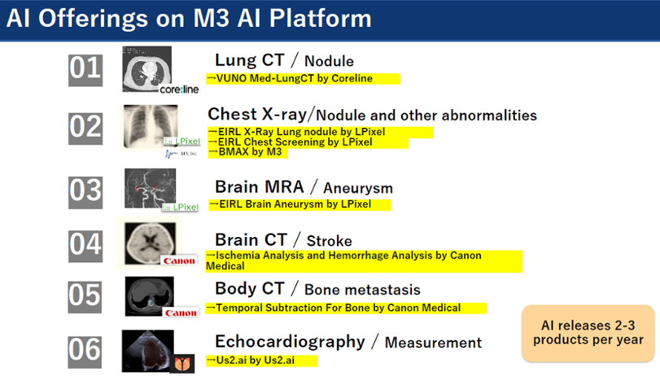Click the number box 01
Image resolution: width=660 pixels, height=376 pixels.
click(85, 70)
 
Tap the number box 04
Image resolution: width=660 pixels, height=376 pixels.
click(85, 246)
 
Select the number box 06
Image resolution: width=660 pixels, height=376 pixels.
click(85, 351)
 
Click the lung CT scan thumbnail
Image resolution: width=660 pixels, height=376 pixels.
click(147, 69)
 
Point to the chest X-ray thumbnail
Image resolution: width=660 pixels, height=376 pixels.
click(150, 127)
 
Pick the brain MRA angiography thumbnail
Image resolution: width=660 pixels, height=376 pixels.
click(150, 189)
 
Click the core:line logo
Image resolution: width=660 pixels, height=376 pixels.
click(180, 89)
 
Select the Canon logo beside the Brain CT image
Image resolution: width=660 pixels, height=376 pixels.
click(180, 261)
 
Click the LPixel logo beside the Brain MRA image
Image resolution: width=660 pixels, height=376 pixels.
click(180, 207)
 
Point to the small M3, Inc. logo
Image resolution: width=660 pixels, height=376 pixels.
click(181, 154)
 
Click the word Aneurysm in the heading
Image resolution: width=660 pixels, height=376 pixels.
click(358, 188)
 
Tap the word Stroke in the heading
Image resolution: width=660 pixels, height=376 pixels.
click(329, 241)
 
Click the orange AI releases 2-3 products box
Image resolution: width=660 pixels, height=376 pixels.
click(588, 333)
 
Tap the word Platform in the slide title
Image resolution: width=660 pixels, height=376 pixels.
click(320, 19)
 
